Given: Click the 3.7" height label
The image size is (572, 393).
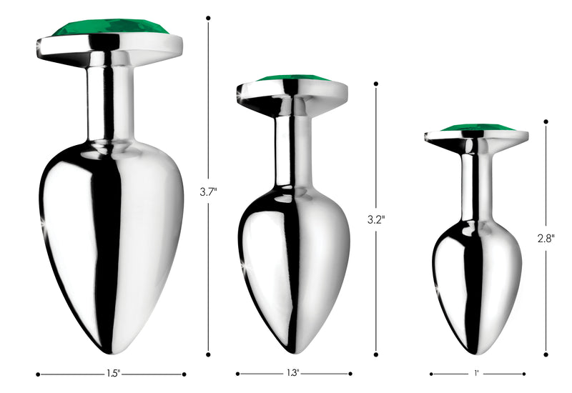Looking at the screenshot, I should (208, 191).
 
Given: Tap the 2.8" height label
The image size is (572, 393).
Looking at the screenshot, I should (546, 238).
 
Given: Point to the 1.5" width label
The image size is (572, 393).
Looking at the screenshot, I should (112, 373).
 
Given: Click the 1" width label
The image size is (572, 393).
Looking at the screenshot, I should (476, 373).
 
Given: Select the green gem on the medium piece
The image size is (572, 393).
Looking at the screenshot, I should (293, 78).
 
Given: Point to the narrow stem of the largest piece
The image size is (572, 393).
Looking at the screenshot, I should (110, 100).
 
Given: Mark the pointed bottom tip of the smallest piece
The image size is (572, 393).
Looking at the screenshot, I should (477, 352).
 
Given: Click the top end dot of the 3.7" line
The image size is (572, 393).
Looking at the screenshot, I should (208, 17).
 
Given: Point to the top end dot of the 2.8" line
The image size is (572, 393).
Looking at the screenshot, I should (546, 122).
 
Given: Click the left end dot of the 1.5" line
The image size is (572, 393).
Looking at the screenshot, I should (38, 373).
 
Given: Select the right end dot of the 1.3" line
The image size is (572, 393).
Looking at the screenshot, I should (350, 373).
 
